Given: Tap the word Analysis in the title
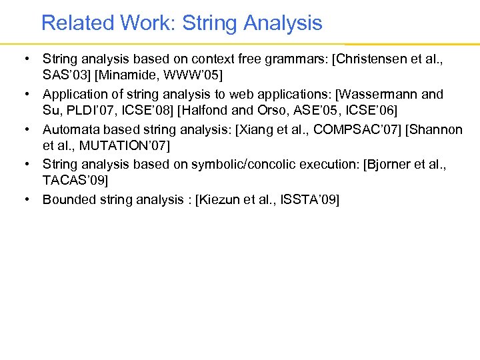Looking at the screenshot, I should coord(283,23).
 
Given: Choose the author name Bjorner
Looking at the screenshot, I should coord(389,163).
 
